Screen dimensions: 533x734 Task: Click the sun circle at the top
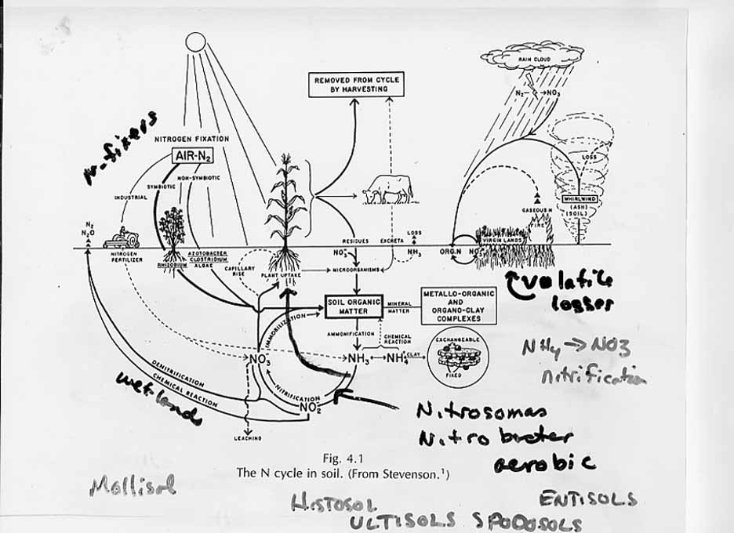click(195, 42)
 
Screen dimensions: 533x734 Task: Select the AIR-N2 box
click(192, 156)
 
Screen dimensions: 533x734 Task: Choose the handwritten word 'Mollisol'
click(133, 485)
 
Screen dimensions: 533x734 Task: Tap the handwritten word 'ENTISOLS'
click(588, 499)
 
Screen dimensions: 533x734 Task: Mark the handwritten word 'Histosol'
click(334, 504)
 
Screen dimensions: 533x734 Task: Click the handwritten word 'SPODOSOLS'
click(527, 523)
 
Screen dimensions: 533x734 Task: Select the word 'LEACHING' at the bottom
click(247, 438)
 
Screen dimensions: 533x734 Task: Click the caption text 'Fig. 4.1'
click(346, 458)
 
